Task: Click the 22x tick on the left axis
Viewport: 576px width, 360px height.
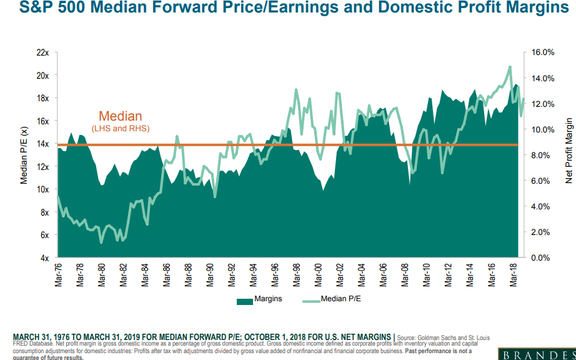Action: click(42, 52)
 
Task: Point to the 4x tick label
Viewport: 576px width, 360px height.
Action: click(44, 257)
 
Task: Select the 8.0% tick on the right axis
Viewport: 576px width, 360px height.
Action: click(541, 155)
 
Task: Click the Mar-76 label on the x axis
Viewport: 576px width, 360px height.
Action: click(58, 275)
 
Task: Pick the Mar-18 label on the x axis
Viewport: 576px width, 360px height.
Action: click(512, 275)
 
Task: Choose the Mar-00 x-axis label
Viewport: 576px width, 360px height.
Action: click(317, 275)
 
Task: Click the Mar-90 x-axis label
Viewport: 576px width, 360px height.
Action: click(209, 275)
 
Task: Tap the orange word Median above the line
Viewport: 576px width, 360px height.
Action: click(121, 116)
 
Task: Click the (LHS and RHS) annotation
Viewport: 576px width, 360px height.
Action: click(121, 128)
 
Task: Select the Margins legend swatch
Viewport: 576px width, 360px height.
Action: click(244, 300)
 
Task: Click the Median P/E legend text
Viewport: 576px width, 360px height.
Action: click(340, 299)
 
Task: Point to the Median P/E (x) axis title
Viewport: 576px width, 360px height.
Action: click(24, 155)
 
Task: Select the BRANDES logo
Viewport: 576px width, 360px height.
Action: click(537, 354)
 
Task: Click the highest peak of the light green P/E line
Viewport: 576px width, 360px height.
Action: click(510, 66)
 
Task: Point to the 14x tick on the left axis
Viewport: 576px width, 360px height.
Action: click(42, 144)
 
